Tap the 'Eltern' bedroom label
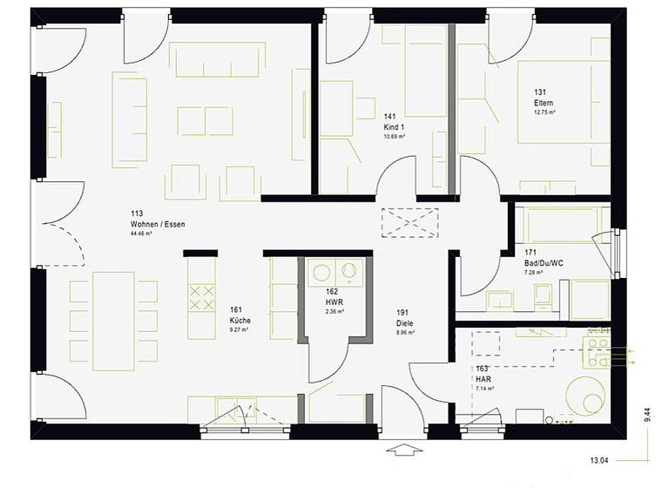point(544,103)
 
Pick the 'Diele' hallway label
point(404,322)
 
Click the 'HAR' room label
point(483,378)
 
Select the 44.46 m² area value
point(141,234)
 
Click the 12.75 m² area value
point(545,112)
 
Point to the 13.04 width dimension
point(598,459)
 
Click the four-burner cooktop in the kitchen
point(202,297)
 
